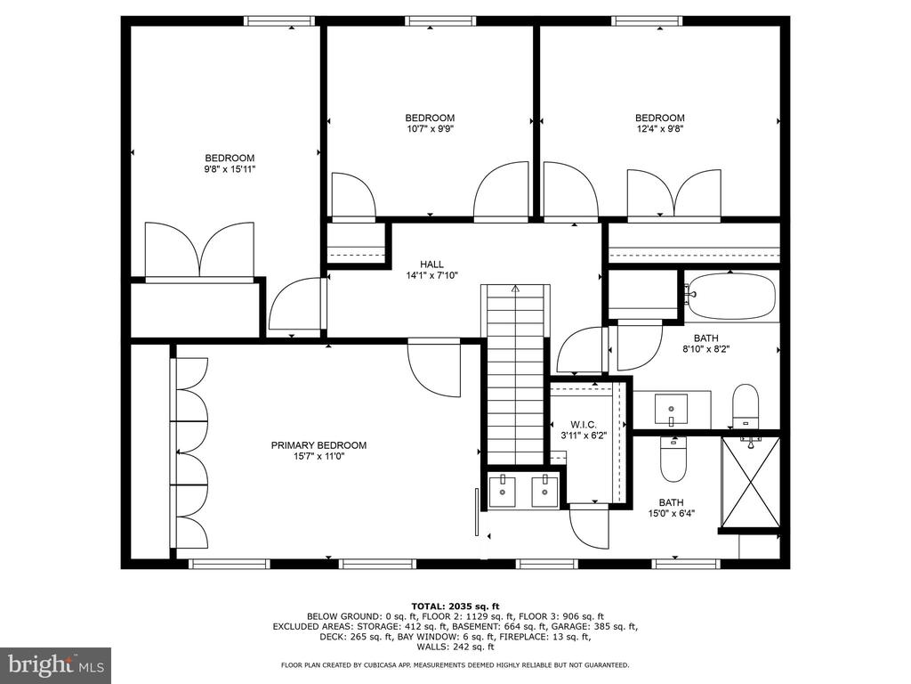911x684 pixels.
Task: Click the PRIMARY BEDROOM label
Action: [x=318, y=445]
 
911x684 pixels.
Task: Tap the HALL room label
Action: [x=431, y=265]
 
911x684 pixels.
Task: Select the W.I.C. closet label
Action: [x=584, y=425]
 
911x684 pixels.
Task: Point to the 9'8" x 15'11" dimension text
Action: [x=230, y=169]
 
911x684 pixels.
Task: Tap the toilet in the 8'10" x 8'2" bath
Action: [x=746, y=405]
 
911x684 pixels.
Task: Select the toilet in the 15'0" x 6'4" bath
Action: [x=674, y=459]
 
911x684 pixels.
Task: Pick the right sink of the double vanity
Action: [x=545, y=492]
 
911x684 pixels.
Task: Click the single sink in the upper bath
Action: [x=671, y=409]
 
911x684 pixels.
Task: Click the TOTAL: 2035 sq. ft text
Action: [x=455, y=606]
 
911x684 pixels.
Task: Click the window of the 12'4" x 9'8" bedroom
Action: [x=647, y=21]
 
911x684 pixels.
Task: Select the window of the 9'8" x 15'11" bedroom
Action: [x=279, y=21]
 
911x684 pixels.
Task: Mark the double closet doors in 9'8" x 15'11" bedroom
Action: [x=199, y=251]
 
